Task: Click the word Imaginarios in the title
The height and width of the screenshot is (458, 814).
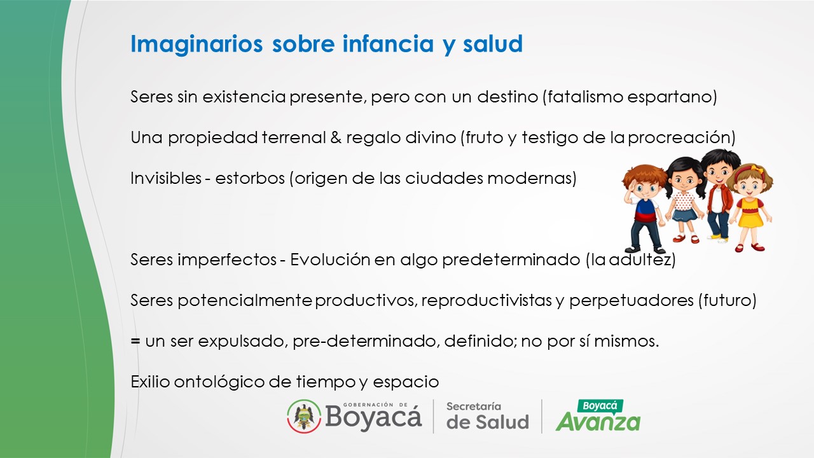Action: coord(197,45)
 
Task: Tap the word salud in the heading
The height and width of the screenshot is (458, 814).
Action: coord(493,44)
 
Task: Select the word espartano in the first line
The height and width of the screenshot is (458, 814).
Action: coord(670,97)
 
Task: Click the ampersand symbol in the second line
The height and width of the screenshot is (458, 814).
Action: coord(336,137)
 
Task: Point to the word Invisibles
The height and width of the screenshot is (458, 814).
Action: coord(166,178)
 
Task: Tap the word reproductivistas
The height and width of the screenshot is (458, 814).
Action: coord(486,301)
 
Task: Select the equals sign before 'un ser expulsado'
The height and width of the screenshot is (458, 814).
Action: coord(135,341)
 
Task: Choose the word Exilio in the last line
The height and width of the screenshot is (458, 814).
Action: coord(150,382)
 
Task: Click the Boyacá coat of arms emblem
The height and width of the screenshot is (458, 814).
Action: coord(304,416)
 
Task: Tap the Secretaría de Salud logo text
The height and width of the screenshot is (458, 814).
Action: coord(487,417)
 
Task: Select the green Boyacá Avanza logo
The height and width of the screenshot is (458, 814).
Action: coord(598,415)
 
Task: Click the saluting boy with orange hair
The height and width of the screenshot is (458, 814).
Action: coord(644,208)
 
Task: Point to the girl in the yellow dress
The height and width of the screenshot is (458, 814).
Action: coord(750,208)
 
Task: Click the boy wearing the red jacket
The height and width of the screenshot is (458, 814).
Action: coord(718,195)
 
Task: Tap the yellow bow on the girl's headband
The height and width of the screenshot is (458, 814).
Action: coord(757,169)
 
